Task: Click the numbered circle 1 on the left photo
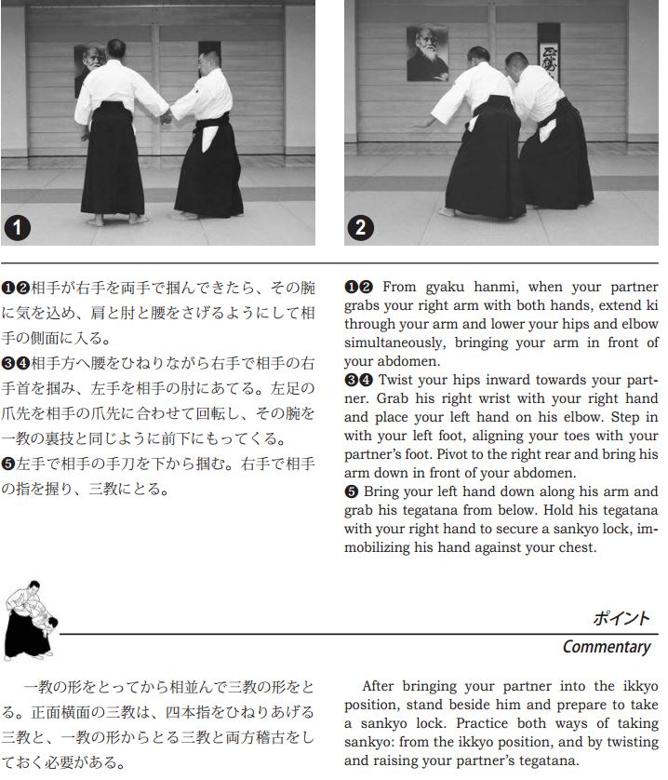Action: (x=18, y=228)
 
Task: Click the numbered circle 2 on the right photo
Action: (x=361, y=228)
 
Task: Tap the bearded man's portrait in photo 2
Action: (x=427, y=53)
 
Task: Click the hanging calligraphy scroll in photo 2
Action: (x=549, y=52)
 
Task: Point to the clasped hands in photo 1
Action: (x=166, y=117)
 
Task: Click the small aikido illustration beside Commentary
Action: (x=31, y=620)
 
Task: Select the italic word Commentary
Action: (x=607, y=646)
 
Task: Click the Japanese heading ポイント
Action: (x=621, y=618)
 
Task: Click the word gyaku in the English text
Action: (x=445, y=287)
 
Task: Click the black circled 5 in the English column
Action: (x=351, y=491)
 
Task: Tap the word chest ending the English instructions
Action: (x=579, y=547)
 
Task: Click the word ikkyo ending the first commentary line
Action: (x=640, y=686)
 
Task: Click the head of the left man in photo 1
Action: (x=116, y=48)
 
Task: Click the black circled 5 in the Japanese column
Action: (x=8, y=464)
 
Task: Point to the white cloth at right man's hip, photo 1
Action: (x=209, y=139)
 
